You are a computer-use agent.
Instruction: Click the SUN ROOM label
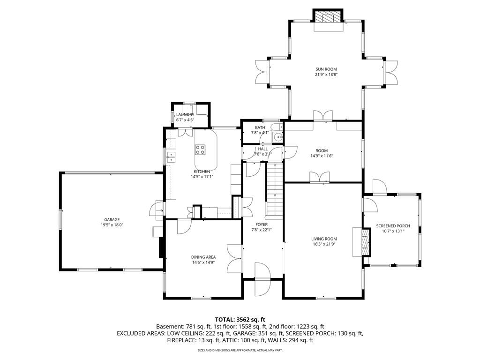coord(326,69)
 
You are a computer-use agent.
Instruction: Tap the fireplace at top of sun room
coord(328,17)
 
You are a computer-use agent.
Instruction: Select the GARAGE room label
coord(112,219)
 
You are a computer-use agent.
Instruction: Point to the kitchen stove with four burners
coord(200,150)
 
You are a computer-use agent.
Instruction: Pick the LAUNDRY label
coord(185,115)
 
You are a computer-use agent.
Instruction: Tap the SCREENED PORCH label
coord(393,226)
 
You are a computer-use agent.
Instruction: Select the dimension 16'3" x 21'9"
coord(324,244)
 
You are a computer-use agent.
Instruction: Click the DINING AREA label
coord(203,257)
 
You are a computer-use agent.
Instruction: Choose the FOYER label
coord(262,225)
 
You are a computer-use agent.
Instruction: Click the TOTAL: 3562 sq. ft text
coord(240,319)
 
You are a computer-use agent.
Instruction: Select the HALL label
coord(262,149)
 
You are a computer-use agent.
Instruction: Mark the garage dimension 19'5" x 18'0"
coord(112,225)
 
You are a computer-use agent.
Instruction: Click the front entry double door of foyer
coord(262,279)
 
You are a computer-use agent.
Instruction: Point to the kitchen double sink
coord(171,157)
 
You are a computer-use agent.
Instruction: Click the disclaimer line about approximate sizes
coord(240,350)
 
